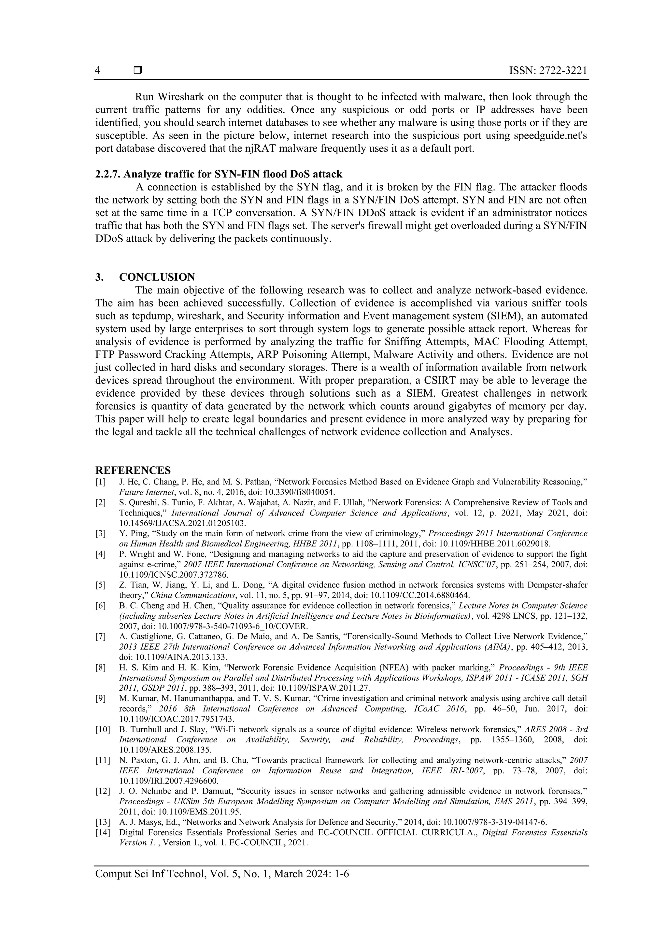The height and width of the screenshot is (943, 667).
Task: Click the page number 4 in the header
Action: tap(98, 71)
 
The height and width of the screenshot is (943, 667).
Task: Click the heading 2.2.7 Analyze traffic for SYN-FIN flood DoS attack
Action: tap(219, 174)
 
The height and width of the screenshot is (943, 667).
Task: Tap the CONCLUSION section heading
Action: tap(157, 277)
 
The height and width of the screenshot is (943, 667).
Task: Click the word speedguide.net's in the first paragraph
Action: tap(550, 135)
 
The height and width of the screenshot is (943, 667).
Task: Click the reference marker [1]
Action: tap(101, 482)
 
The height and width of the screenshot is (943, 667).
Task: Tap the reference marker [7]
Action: tap(101, 637)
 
